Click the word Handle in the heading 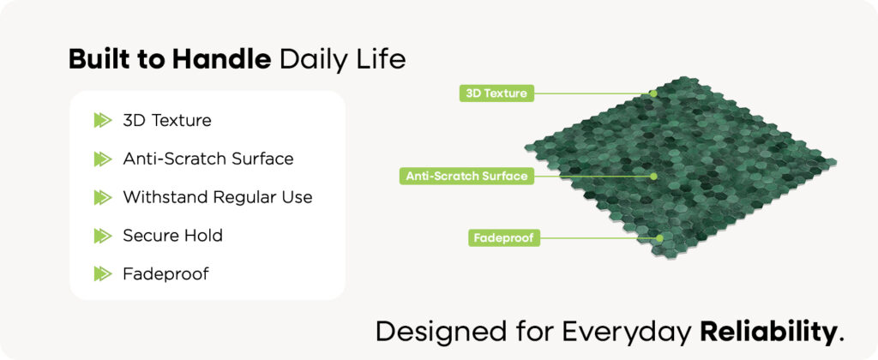[222, 59]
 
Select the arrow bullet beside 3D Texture [103, 120]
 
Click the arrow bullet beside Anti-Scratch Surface [103, 159]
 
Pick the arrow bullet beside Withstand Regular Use [103, 197]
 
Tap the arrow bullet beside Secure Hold [103, 236]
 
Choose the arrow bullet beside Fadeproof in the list [103, 273]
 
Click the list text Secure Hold [172, 236]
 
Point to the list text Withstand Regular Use [218, 198]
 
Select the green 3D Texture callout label [496, 93]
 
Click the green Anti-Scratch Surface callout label [466, 177]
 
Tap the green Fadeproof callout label [504, 238]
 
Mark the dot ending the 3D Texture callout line [653, 93]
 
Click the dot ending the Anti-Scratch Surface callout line [653, 177]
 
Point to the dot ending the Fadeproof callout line [659, 238]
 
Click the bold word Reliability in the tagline [767, 333]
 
